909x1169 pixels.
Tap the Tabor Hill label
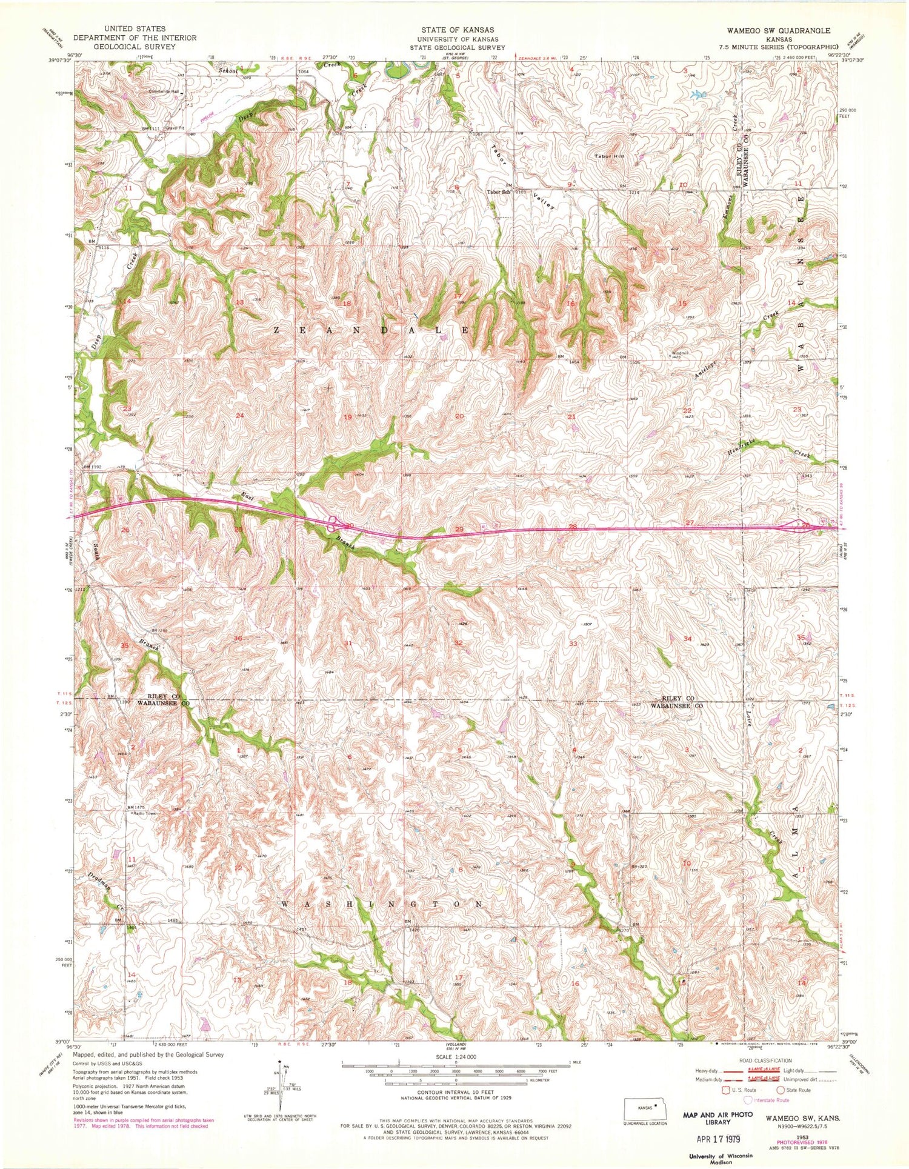click(610, 156)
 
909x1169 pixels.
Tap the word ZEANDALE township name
click(371, 330)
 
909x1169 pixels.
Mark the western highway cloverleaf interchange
click(333, 522)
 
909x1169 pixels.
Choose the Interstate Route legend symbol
click(750, 1100)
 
